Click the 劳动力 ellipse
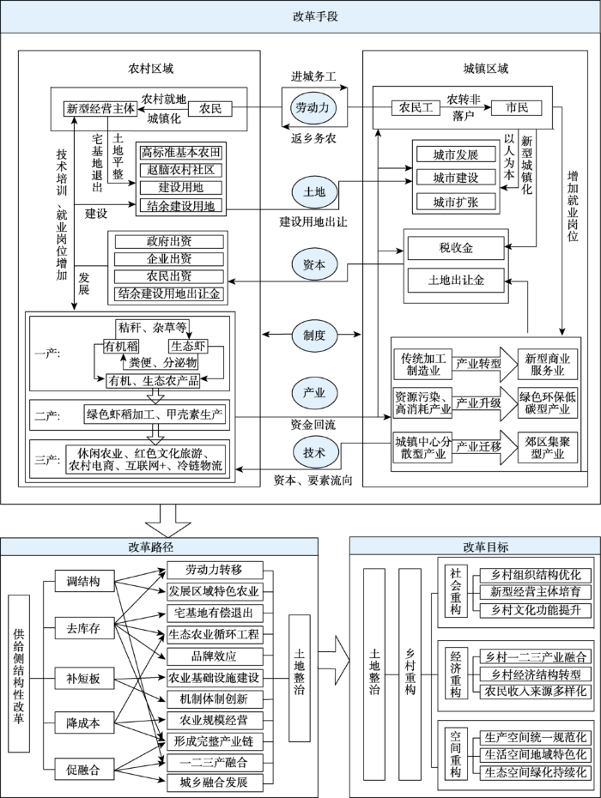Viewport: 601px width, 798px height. (x=313, y=107)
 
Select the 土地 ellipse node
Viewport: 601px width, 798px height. (x=313, y=192)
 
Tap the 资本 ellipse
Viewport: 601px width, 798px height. (x=313, y=264)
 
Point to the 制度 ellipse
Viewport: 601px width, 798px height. (x=313, y=336)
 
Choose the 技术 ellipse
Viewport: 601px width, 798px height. (x=313, y=452)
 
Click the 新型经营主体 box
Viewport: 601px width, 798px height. (x=100, y=108)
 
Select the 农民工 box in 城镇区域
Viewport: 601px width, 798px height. (x=416, y=108)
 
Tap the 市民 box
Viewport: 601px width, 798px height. (x=517, y=108)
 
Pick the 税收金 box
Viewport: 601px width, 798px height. (x=456, y=248)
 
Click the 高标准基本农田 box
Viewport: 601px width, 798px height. (x=181, y=153)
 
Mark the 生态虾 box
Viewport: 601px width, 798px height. (x=188, y=347)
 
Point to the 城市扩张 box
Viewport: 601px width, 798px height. (x=456, y=202)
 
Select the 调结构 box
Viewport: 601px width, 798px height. (x=84, y=581)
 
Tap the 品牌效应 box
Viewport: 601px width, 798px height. (x=215, y=656)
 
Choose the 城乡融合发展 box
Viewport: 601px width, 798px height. (x=215, y=783)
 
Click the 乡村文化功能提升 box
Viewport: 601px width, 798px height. (x=536, y=610)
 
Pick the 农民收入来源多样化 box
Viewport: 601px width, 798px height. (x=536, y=691)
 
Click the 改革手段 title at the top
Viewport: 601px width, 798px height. (x=315, y=16)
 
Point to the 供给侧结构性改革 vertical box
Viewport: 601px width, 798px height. (x=19, y=674)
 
